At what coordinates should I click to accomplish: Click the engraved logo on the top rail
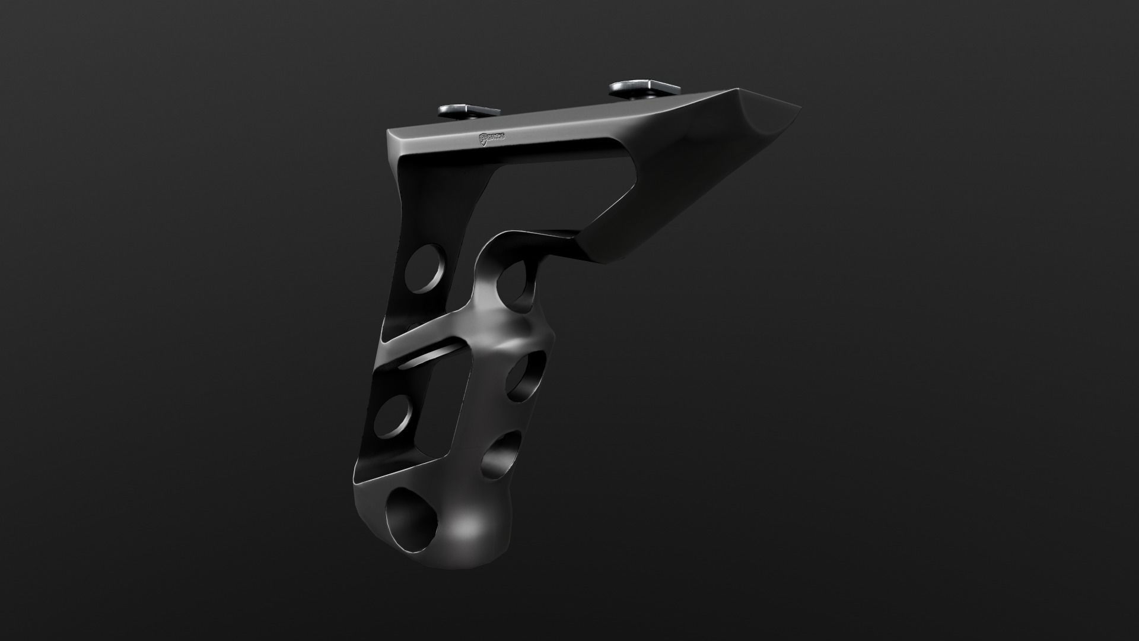coord(491,138)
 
